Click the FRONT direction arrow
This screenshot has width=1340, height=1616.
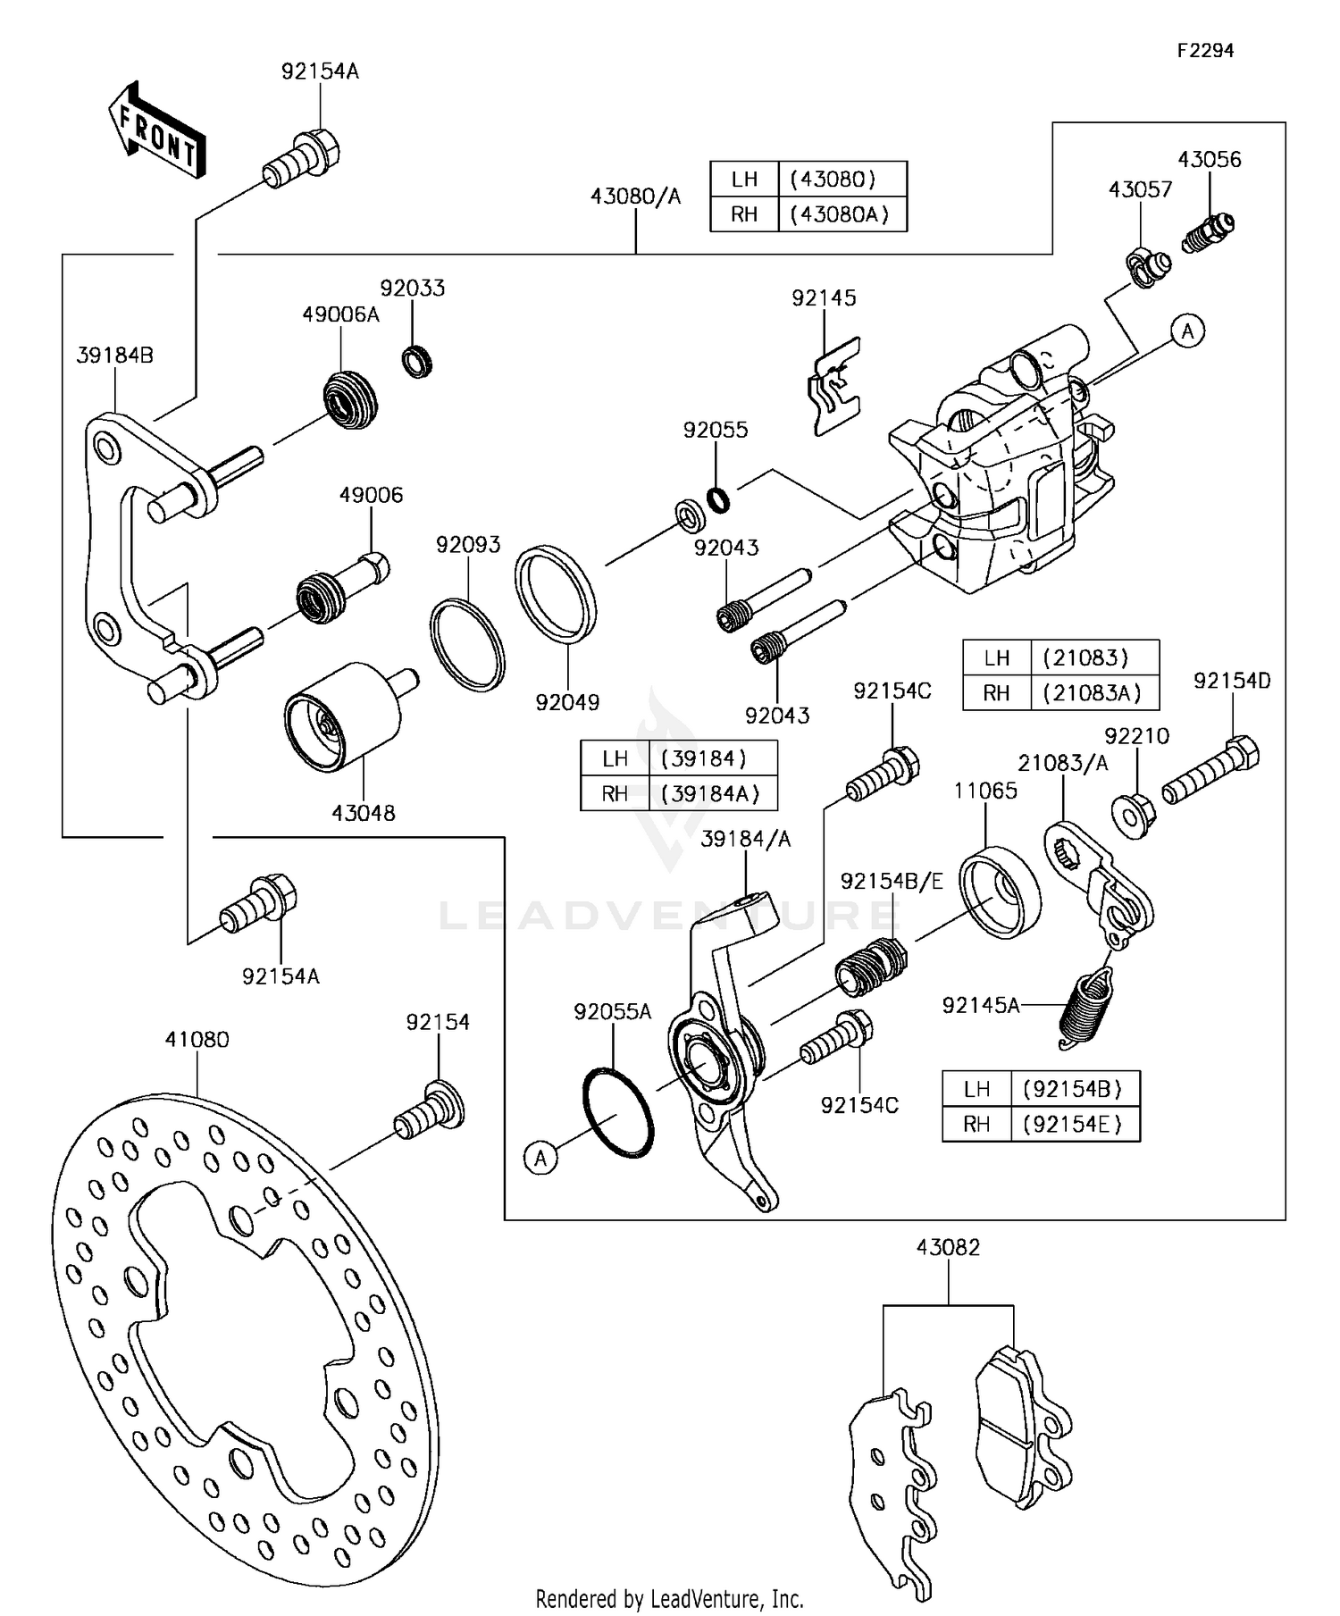pyautogui.click(x=157, y=130)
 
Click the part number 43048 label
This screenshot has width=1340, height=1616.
pyautogui.click(x=363, y=813)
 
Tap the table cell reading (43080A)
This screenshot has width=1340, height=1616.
pyautogui.click(x=841, y=214)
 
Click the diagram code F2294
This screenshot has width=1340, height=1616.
pyautogui.click(x=1204, y=51)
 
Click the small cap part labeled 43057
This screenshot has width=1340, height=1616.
pyautogui.click(x=1146, y=267)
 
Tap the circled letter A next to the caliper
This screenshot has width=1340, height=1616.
pyautogui.click(x=1187, y=331)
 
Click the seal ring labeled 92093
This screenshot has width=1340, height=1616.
pyautogui.click(x=466, y=645)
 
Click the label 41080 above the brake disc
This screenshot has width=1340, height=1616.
pyautogui.click(x=197, y=1040)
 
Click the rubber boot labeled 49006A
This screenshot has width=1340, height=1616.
pyautogui.click(x=349, y=399)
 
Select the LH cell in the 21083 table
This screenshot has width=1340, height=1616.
pyautogui.click(x=996, y=657)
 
